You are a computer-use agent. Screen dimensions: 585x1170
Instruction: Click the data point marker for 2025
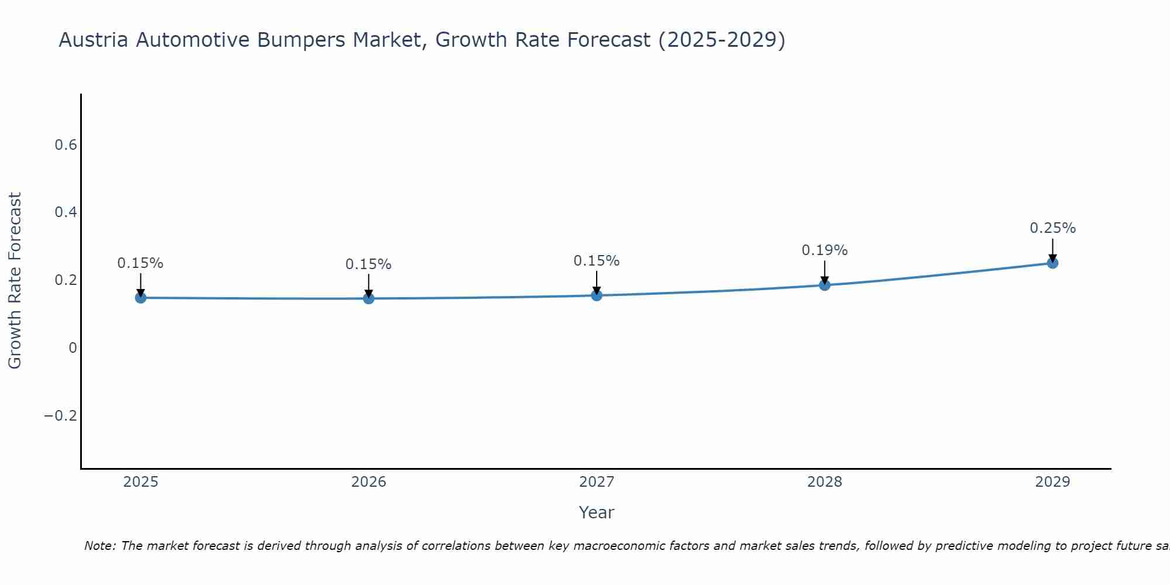[140, 298]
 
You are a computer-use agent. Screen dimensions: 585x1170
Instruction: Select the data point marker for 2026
[369, 298]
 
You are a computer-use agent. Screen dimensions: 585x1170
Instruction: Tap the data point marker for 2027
[597, 295]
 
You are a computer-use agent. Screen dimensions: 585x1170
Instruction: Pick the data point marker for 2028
[824, 285]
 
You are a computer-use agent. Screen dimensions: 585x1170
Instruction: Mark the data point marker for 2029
[1052, 263]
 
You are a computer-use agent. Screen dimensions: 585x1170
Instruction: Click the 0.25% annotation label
[1052, 228]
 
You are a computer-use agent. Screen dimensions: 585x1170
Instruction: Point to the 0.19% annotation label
[824, 250]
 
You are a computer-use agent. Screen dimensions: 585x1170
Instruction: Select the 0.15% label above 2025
[140, 263]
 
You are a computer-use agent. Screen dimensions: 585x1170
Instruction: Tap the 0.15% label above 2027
[597, 261]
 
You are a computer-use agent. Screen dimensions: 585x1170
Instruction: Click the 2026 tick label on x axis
[369, 482]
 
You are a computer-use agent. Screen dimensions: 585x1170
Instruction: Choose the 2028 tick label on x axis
[824, 482]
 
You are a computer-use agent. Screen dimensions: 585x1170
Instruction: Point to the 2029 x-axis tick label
[1052, 482]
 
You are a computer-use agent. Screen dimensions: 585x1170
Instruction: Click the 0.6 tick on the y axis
[66, 145]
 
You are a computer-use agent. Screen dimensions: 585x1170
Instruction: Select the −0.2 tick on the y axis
[61, 416]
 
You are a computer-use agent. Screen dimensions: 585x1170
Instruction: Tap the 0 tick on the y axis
[73, 348]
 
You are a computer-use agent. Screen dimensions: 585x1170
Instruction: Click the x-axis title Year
[596, 512]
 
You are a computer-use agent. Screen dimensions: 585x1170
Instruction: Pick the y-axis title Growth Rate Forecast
[15, 281]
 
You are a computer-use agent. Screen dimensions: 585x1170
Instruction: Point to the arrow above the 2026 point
[369, 285]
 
